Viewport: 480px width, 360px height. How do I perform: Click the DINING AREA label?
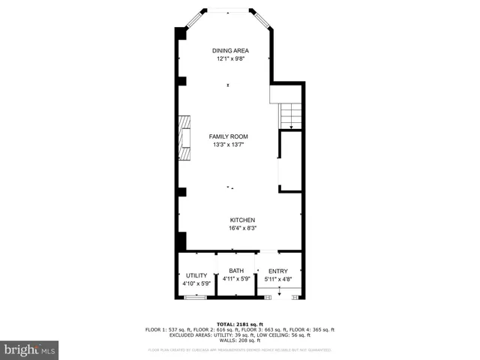(229, 50)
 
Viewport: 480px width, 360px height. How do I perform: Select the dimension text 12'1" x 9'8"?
(229, 58)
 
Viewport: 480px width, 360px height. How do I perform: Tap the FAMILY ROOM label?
(228, 136)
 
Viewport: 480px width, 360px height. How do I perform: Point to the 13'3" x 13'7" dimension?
(228, 145)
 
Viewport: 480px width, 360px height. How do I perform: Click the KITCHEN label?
(241, 220)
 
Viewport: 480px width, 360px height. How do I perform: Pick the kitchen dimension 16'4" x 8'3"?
(241, 228)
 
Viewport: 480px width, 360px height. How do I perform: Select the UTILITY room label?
(196, 275)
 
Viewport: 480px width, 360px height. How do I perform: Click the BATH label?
(236, 271)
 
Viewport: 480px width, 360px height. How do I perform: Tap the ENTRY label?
(277, 271)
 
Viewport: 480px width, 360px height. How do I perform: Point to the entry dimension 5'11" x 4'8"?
(277, 279)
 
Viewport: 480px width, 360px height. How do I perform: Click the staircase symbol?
(290, 116)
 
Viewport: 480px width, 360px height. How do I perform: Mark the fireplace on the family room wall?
(184, 138)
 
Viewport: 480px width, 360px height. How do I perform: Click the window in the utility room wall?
(196, 298)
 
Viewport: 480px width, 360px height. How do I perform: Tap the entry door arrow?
(278, 293)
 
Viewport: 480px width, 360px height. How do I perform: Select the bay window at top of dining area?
(229, 10)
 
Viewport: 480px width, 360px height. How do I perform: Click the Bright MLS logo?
(30, 350)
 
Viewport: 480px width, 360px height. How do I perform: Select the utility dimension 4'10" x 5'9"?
(196, 283)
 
